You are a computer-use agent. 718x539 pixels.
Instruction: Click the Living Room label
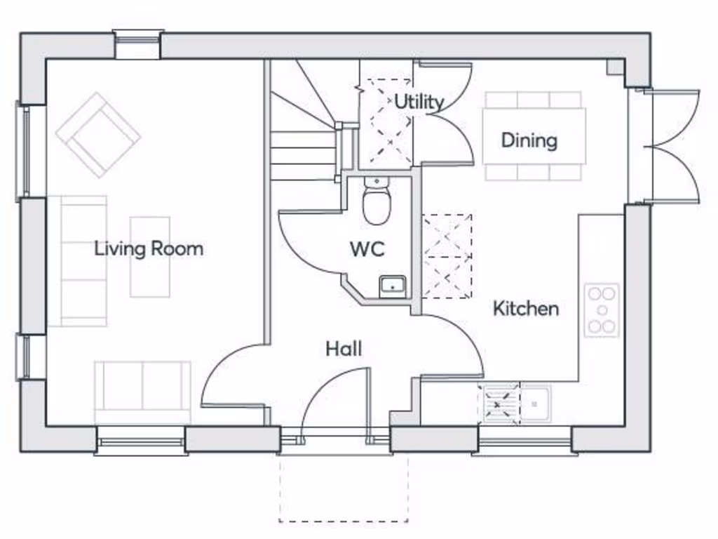pos(149,248)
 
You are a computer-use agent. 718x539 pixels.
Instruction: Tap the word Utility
pos(419,102)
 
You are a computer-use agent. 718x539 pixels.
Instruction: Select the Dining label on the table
pos(529,140)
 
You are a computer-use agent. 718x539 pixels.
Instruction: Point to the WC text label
pos(367,249)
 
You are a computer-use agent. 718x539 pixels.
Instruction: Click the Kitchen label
pos(526,308)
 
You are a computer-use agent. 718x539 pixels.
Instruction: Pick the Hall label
pos(344,348)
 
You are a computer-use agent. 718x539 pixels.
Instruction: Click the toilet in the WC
pos(377,202)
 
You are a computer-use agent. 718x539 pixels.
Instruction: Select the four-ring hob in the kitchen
pos(602,310)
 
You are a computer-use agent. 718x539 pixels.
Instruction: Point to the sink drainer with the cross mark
pos(499,404)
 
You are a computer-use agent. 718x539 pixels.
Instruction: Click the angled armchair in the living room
pos(98,134)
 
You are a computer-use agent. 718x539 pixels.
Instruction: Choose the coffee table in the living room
pos(150,256)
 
